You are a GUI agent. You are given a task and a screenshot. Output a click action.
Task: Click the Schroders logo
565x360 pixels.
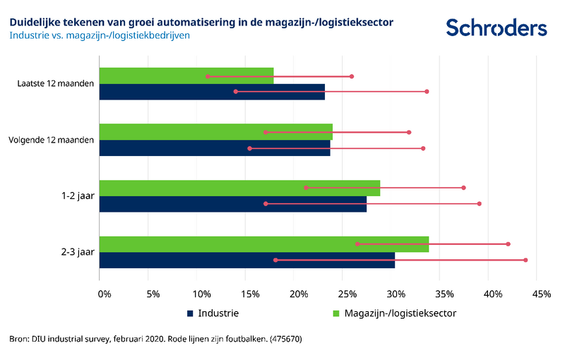(x=496, y=28)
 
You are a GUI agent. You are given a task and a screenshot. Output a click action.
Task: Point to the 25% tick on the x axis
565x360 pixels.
(x=346, y=294)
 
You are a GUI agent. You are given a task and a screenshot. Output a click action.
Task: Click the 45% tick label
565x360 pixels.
(x=541, y=294)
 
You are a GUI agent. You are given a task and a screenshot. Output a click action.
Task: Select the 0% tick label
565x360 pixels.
(x=104, y=294)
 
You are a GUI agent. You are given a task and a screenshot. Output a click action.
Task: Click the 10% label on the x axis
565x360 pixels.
(x=201, y=294)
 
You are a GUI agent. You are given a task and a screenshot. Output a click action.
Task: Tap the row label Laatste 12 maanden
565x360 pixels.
(x=55, y=84)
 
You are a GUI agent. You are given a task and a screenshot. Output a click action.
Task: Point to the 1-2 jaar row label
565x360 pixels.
(x=76, y=196)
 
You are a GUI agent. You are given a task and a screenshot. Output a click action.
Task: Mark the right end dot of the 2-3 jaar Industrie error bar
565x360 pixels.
(x=525, y=260)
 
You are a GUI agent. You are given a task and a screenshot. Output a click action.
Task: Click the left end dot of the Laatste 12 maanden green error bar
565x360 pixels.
(x=208, y=76)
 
